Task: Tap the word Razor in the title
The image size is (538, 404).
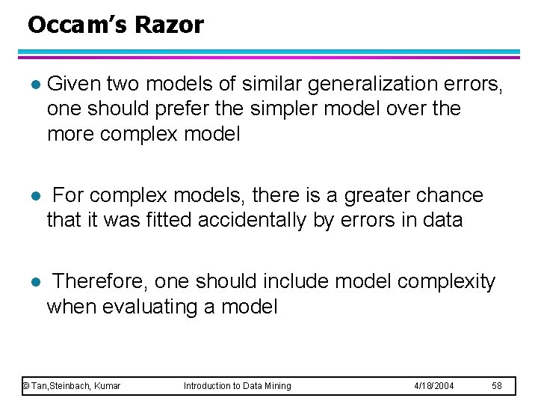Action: (x=169, y=25)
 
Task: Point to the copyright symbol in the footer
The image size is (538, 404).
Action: (x=26, y=386)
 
